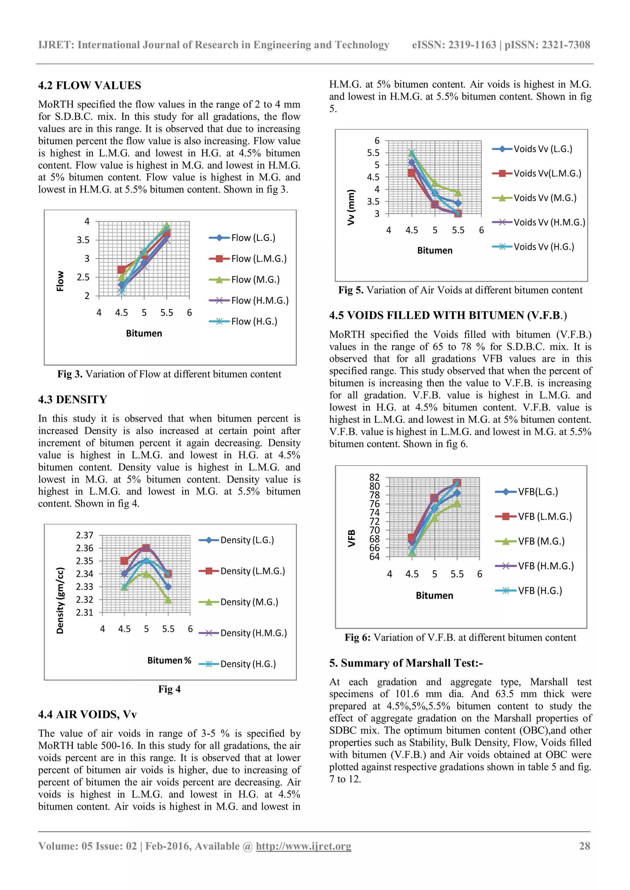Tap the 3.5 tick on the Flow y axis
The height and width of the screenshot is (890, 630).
click(x=83, y=240)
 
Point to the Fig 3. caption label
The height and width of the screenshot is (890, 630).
click(x=70, y=374)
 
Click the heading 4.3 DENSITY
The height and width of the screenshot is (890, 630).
click(x=73, y=399)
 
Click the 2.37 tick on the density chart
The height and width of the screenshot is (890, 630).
click(x=85, y=535)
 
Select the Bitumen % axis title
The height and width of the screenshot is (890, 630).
click(x=169, y=660)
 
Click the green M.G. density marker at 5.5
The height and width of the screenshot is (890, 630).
click(x=168, y=600)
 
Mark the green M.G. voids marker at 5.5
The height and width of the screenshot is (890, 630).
click(x=458, y=193)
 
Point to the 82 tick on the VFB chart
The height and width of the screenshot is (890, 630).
click(x=374, y=477)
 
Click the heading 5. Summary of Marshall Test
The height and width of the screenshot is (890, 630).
click(x=406, y=663)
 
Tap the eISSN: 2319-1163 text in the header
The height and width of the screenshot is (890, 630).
click(x=454, y=45)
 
